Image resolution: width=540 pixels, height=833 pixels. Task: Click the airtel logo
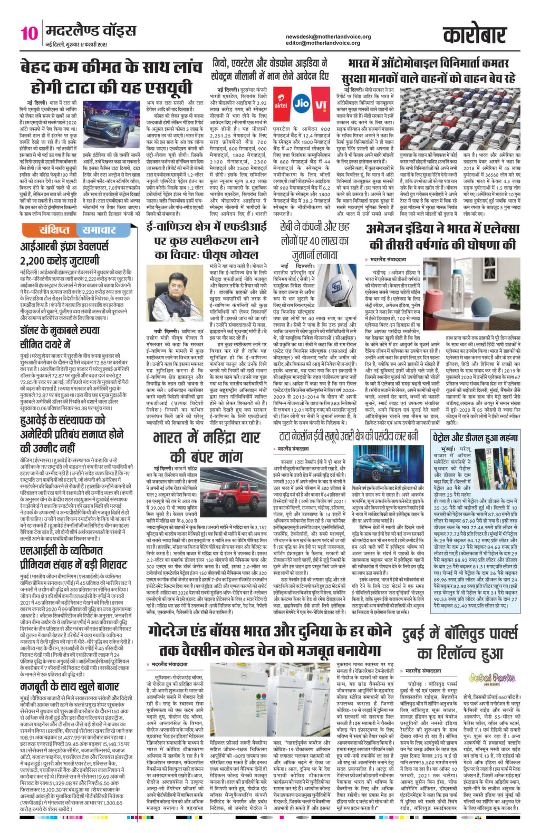point(281,104)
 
